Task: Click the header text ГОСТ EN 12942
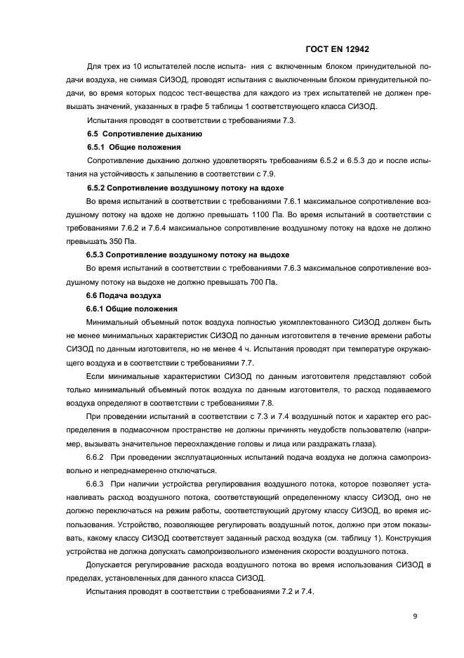pos(338,49)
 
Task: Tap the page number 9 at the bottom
pos(415,617)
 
